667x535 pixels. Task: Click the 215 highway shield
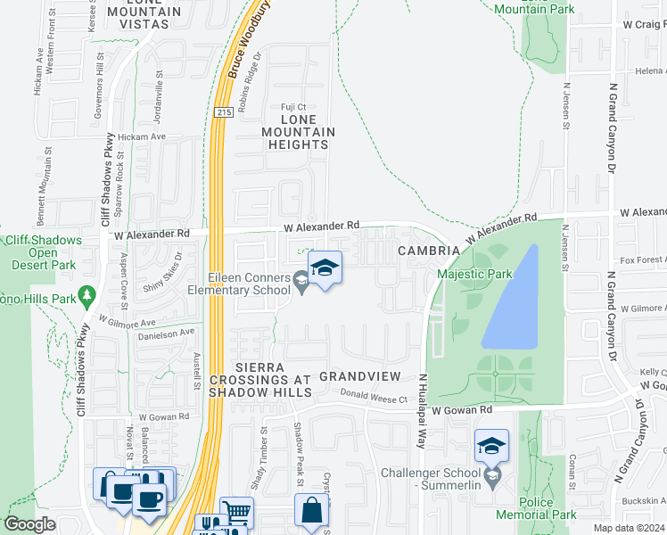[223, 111]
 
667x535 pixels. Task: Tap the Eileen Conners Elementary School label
[239, 284]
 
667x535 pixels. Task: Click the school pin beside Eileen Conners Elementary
[325, 268]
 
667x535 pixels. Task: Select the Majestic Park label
[473, 275]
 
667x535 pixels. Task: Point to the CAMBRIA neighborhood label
[429, 251]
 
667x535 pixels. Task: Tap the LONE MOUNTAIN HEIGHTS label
[298, 132]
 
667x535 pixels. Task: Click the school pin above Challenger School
[491, 446]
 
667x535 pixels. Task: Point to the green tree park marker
[86, 294]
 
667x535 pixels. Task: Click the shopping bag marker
[312, 511]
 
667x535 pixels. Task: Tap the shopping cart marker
[237, 513]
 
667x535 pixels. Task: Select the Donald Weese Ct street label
[378, 399]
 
